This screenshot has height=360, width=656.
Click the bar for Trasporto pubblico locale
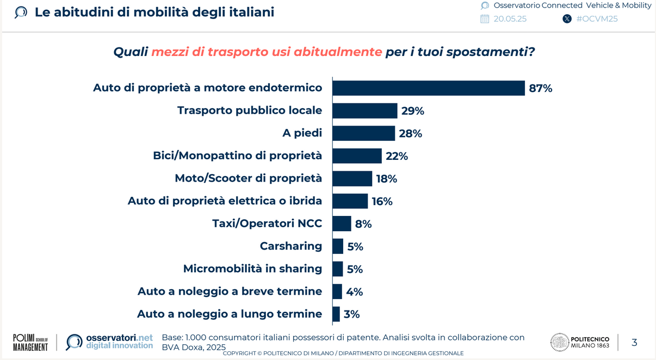(365, 110)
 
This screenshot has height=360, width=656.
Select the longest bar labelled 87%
(429, 88)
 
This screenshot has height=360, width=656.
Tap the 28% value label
(410, 133)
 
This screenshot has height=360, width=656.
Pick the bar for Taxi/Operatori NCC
(342, 224)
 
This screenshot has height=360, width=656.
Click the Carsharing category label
(291, 246)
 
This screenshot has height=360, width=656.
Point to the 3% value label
(351, 314)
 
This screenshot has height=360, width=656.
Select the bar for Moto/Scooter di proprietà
(352, 178)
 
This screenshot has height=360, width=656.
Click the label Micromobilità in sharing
(252, 269)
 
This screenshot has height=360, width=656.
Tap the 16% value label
(382, 201)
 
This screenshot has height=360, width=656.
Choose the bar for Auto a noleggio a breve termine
(337, 291)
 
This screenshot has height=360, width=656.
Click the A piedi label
(302, 133)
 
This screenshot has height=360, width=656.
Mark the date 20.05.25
(510, 19)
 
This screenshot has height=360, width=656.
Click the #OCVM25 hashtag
(597, 19)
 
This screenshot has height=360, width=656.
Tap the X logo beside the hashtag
(567, 19)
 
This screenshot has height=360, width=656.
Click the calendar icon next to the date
(485, 19)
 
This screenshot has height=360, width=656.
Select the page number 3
(634, 343)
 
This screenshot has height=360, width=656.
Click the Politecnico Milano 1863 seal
(559, 342)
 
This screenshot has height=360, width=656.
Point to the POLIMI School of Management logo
(30, 343)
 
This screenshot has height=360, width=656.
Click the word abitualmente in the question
(338, 52)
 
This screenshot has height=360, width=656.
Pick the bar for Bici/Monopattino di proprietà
(357, 156)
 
